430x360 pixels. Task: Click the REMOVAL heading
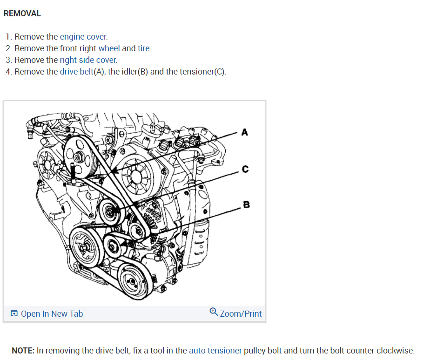pyautogui.click(x=22, y=14)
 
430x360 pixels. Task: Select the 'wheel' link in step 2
pyautogui.click(x=109, y=48)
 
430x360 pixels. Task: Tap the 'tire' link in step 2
pyautogui.click(x=144, y=48)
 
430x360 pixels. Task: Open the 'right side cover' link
pyautogui.click(x=88, y=60)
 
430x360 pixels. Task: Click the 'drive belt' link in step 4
pyautogui.click(x=77, y=72)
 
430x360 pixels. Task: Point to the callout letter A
pyautogui.click(x=245, y=133)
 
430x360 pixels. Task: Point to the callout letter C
pyautogui.click(x=245, y=169)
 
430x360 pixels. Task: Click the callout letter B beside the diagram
pyautogui.click(x=246, y=204)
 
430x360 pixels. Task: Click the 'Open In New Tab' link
pyautogui.click(x=52, y=314)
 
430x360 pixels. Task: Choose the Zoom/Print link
pyautogui.click(x=241, y=314)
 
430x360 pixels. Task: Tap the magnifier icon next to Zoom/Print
pyautogui.click(x=214, y=312)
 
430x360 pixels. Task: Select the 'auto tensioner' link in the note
pyautogui.click(x=215, y=351)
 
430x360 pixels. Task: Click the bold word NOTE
pyautogui.click(x=23, y=351)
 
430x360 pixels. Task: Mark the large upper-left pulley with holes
pyautogui.click(x=81, y=153)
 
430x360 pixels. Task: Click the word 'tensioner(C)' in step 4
pyautogui.click(x=196, y=72)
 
